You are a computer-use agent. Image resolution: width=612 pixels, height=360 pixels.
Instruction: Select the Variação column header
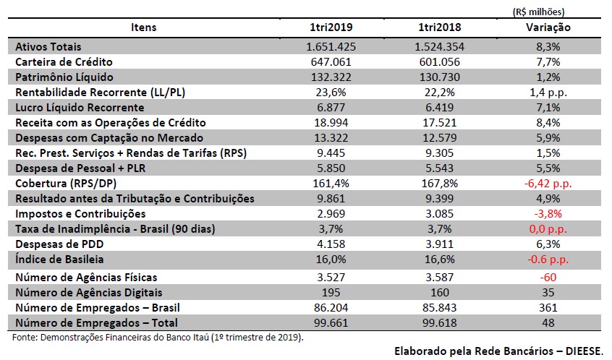point(548,28)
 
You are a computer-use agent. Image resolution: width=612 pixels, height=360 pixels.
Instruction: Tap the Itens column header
point(143,28)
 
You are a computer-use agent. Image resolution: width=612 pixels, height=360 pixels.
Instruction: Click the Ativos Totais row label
point(48,47)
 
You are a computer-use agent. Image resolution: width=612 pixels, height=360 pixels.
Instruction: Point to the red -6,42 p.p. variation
point(548,184)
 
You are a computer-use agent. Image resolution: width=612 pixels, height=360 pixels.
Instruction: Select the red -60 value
point(548,277)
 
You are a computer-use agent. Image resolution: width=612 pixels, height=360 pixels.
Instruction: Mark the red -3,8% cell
point(548,214)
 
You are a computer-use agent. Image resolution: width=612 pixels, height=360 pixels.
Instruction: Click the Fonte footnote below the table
point(158,337)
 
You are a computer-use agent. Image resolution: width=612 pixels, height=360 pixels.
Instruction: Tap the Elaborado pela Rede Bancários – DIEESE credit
point(498,351)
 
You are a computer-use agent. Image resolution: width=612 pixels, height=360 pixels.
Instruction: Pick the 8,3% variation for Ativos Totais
point(548,47)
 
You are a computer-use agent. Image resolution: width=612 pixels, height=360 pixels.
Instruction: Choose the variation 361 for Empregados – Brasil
point(548,307)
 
